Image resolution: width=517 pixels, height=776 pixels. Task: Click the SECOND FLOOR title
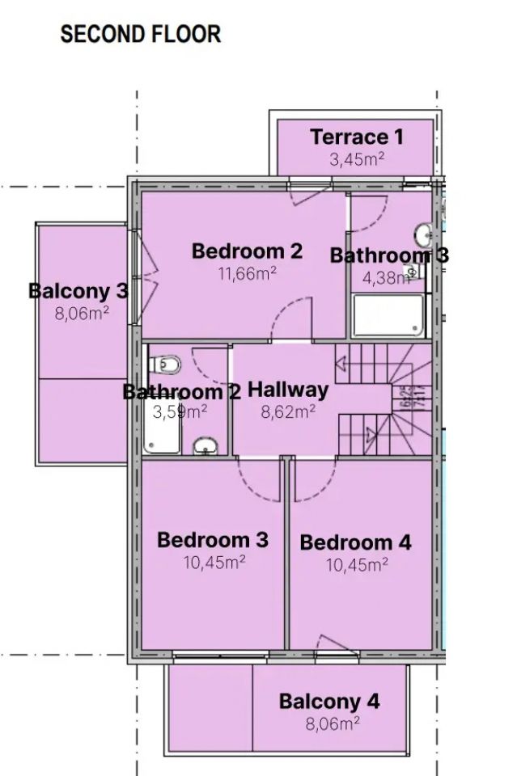click(x=140, y=34)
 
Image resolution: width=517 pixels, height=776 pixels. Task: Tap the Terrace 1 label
click(x=356, y=137)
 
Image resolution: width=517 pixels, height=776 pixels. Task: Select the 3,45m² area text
click(x=356, y=159)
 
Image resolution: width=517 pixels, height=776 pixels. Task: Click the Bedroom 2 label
click(x=247, y=251)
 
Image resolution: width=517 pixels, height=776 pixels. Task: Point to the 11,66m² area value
click(x=247, y=273)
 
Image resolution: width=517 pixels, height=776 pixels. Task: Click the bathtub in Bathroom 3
click(x=388, y=316)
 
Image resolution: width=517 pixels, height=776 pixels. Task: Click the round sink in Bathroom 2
click(x=206, y=445)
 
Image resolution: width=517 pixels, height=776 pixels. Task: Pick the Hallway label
click(x=288, y=390)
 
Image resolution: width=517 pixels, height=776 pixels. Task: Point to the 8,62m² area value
click(x=288, y=411)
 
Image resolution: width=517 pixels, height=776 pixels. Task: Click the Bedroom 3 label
click(x=213, y=539)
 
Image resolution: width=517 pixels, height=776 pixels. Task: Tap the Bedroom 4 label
click(x=355, y=542)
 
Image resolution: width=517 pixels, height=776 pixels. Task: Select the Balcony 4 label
click(x=329, y=702)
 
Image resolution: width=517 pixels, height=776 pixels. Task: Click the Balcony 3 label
click(x=78, y=290)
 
